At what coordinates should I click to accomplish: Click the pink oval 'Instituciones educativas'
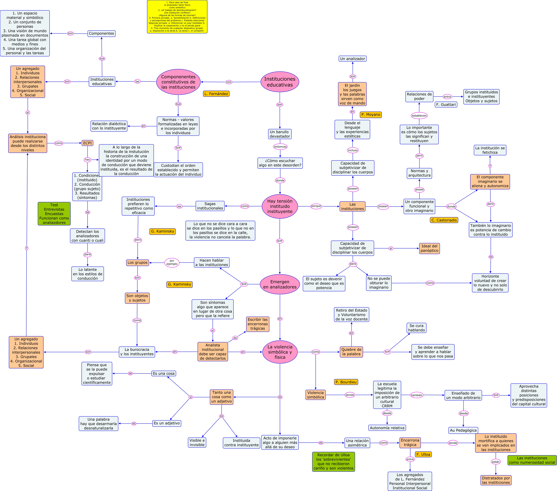tap(280, 82)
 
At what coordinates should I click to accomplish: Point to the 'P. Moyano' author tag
tap(371, 114)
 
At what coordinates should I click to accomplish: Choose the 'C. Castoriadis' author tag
tap(444, 220)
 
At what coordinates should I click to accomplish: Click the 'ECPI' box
tap(87, 143)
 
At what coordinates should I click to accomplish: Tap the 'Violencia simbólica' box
tap(315, 395)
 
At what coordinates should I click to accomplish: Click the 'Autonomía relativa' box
tap(387, 428)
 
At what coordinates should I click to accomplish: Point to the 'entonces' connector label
tap(280, 147)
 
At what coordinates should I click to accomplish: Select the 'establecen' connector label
tap(419, 116)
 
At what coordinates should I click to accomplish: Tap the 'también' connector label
tap(417, 395)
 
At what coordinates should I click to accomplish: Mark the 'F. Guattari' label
tap(446, 104)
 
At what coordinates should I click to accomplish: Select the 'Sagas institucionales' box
tap(210, 206)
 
